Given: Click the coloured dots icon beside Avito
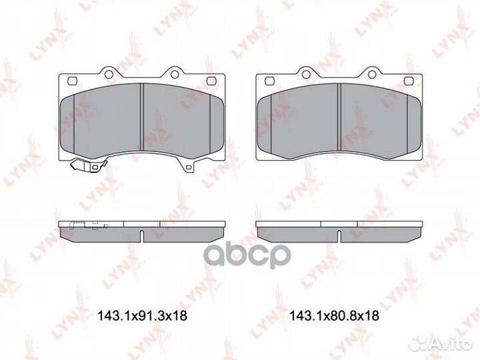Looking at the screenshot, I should coord(421,343).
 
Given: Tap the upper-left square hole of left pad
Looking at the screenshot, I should coord(71,81).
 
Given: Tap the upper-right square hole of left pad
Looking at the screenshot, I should coord(213,81).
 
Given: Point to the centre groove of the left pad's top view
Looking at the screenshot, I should coord(142,120).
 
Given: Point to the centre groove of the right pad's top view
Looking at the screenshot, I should coord(339,120).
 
